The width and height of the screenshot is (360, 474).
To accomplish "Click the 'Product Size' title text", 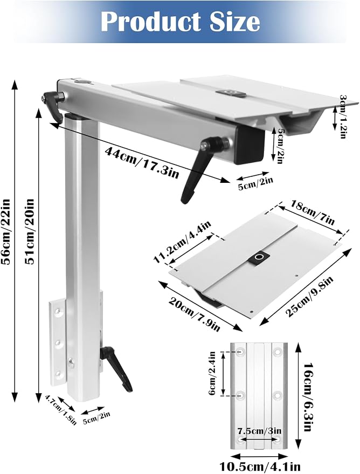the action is [180, 22].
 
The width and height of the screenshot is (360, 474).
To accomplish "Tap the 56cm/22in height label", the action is [6, 231].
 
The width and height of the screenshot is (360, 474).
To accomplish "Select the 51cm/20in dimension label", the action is [30, 231].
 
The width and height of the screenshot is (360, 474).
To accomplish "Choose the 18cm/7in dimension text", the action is [312, 212].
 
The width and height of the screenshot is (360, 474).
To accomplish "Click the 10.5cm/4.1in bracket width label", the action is [260, 467].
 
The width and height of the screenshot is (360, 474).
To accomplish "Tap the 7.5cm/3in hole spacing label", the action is [259, 430].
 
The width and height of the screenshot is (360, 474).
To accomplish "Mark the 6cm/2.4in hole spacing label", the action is [212, 374].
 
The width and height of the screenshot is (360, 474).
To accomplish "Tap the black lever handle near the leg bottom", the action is [117, 369].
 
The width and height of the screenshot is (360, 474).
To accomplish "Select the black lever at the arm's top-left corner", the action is [53, 106].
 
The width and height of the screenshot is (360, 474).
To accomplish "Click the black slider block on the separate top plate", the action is [259, 258].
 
